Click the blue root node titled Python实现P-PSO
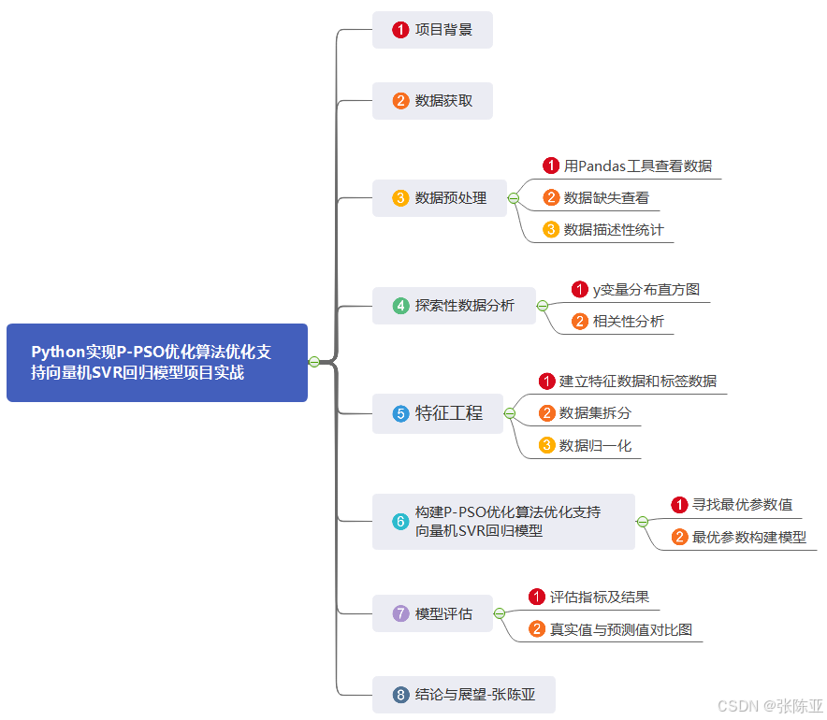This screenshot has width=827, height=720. tap(157, 363)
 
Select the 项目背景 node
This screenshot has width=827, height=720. tap(432, 30)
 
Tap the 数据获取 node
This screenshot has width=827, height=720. tap(432, 100)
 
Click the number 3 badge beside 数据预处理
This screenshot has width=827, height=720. tap(400, 198)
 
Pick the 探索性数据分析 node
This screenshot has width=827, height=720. tap(454, 306)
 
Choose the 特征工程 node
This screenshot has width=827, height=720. tap(438, 413)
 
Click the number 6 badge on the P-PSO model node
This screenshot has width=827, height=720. tap(400, 522)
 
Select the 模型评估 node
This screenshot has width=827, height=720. tap(432, 613)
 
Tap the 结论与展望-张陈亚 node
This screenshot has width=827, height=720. tap(464, 695)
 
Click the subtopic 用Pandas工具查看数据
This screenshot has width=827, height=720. tap(637, 166)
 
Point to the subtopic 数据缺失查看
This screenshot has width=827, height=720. tap(606, 198)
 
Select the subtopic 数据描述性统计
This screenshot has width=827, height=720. tap(614, 230)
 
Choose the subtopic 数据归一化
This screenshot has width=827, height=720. tap(595, 446)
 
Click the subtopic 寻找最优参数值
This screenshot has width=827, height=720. tap(742, 505)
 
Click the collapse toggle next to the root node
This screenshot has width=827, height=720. tap(314, 362)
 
